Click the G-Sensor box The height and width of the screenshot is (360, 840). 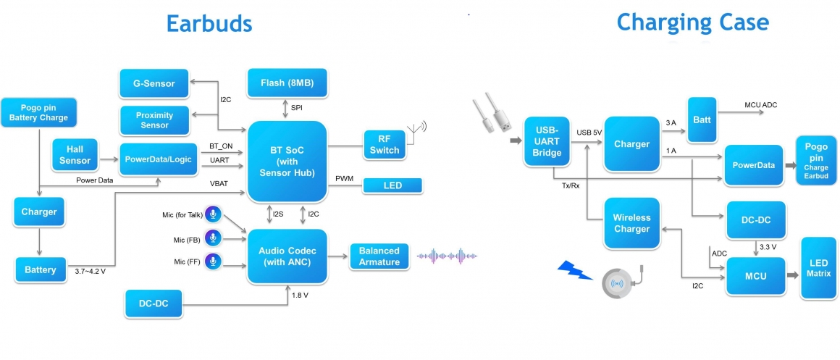click(153, 83)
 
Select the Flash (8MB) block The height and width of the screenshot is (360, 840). click(287, 83)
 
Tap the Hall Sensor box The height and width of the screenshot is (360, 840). click(75, 155)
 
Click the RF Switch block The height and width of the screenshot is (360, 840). click(384, 144)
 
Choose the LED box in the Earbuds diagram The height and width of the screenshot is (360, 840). click(392, 186)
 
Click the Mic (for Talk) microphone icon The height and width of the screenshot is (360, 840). click(213, 214)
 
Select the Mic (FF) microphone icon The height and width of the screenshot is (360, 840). click(212, 261)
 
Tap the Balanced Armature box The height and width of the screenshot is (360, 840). click(379, 256)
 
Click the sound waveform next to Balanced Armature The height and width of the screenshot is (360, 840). click(448, 256)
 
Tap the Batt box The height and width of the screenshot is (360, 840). click(702, 120)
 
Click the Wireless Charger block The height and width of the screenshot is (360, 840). click(631, 223)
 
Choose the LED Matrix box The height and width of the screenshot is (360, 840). click(818, 267)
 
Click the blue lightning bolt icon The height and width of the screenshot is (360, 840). click(576, 275)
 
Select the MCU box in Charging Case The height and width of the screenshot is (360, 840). click(756, 276)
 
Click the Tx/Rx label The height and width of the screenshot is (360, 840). click(571, 185)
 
